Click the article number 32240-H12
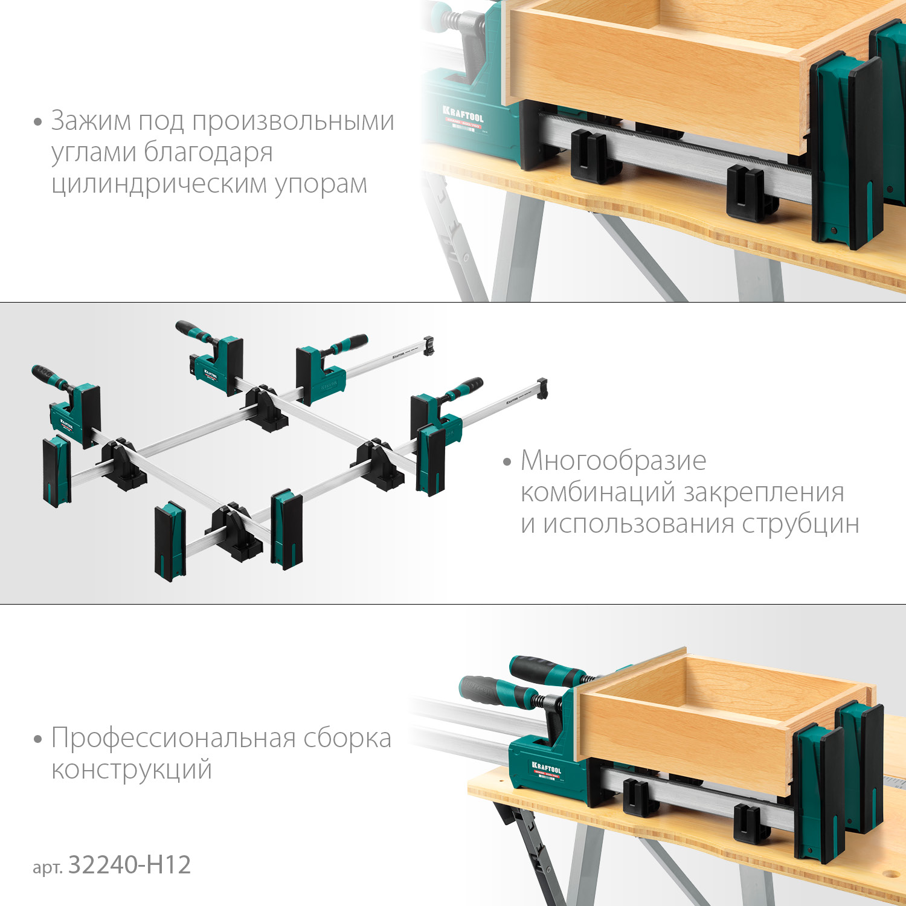pos(129,865)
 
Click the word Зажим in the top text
pos(91,121)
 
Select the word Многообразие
pos(613,461)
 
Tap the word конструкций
pos(132,769)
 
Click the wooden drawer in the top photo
pos(658,72)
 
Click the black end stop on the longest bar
pos(542,388)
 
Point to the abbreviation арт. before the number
pos(48,867)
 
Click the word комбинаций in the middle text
pos(597,492)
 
